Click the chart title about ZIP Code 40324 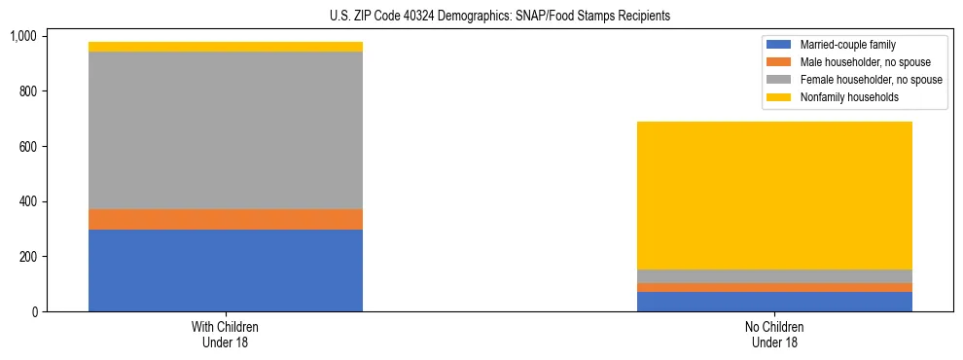(481, 17)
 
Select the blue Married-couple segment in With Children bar (226, 270)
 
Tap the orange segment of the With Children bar (226, 219)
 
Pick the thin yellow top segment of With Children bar (226, 47)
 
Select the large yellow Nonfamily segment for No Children (774, 196)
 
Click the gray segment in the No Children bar (774, 276)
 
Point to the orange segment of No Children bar (774, 288)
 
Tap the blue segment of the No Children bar (774, 302)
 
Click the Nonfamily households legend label (843, 97)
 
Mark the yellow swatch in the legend (780, 97)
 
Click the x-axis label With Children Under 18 (226, 334)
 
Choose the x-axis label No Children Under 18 (774, 334)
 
